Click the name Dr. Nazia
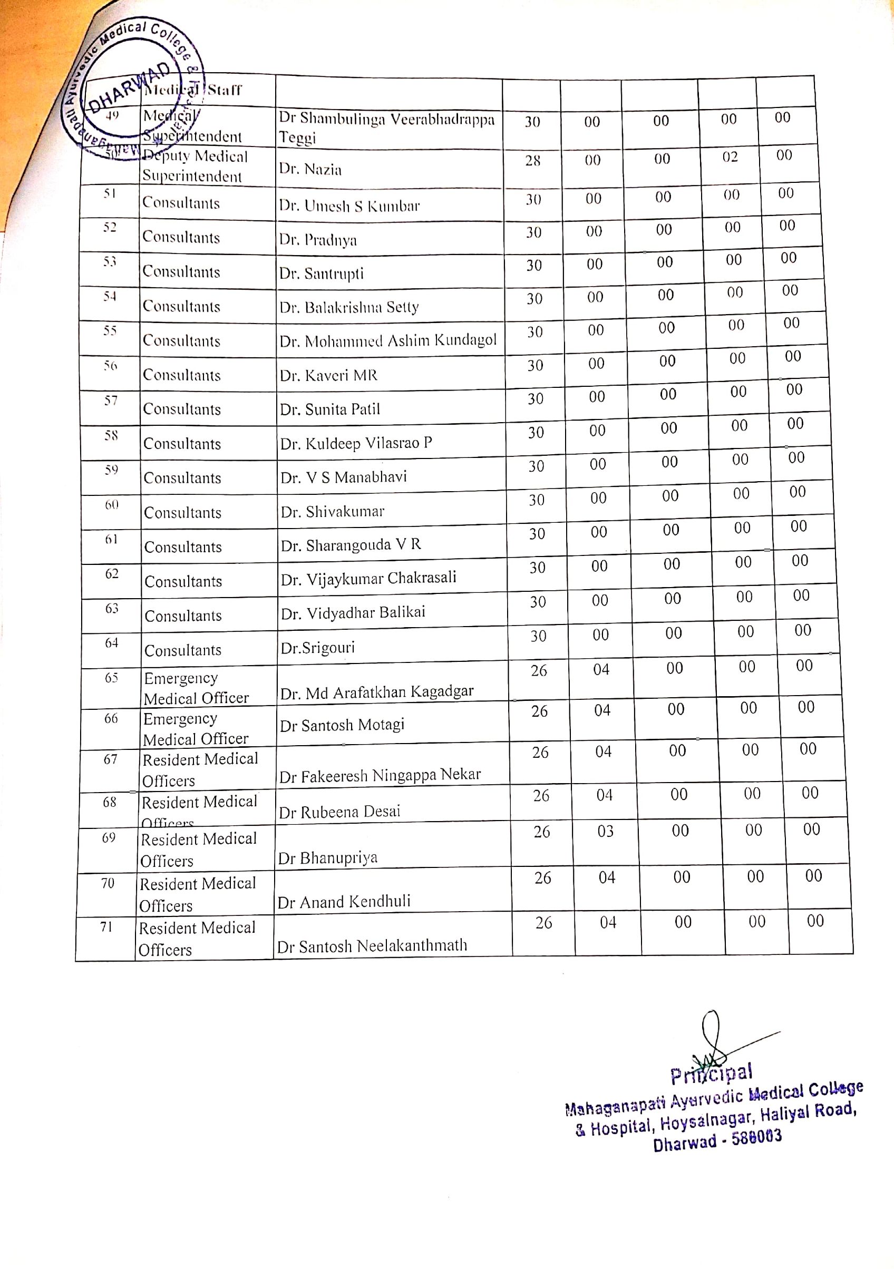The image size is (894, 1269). point(310,169)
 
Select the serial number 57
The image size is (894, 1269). point(111,400)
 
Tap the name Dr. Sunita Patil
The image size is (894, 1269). point(330,409)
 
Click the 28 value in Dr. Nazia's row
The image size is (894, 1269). point(532,160)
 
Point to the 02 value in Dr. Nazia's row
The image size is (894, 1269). point(730,157)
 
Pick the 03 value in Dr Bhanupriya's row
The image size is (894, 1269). point(605,831)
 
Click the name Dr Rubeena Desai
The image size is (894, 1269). point(339,812)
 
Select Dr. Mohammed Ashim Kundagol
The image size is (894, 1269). point(388,340)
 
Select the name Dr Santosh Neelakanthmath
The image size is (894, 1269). point(372,945)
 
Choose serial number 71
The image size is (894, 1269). point(106,927)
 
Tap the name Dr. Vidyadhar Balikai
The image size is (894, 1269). point(353,612)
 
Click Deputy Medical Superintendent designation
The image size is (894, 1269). point(194,166)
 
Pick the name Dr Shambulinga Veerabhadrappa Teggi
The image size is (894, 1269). point(386,128)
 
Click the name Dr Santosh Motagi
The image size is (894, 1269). point(342,724)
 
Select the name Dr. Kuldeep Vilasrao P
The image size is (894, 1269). point(356,443)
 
